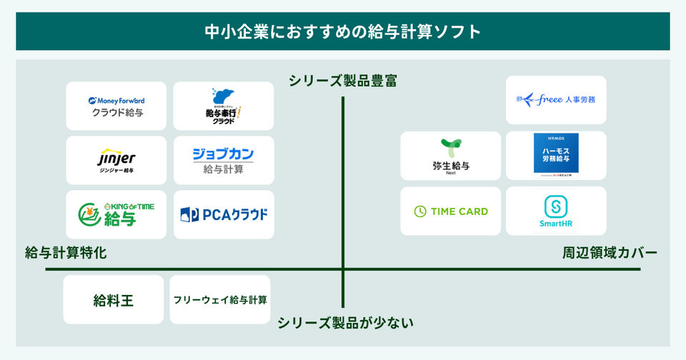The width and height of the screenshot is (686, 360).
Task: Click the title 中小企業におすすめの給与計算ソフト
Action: pos(342,31)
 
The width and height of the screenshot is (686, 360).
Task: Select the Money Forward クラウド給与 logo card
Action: pos(116,106)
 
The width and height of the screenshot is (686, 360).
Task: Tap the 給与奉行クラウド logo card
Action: pos(223,106)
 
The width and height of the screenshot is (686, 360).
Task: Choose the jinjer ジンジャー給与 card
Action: pos(116,160)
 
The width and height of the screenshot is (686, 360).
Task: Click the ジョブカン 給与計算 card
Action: pos(223,160)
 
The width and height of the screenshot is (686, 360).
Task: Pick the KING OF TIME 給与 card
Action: pos(116,214)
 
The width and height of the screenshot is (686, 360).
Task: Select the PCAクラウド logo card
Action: pos(223,214)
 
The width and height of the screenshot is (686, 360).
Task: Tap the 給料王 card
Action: pos(113,300)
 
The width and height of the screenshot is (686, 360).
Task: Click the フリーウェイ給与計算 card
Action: pos(220,300)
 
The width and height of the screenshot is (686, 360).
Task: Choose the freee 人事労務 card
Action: pos(556,100)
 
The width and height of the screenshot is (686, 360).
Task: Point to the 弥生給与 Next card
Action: pos(450,156)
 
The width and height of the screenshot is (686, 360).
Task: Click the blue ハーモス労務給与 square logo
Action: pos(556,153)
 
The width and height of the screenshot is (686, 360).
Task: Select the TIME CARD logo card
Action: pos(450,211)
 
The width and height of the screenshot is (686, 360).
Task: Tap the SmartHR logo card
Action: pos(556,211)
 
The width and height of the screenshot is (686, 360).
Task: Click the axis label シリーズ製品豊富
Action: pos(342,81)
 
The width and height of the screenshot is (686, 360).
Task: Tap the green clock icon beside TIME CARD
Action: pos(420,211)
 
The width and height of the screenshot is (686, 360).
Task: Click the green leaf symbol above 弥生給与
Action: pos(451,147)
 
